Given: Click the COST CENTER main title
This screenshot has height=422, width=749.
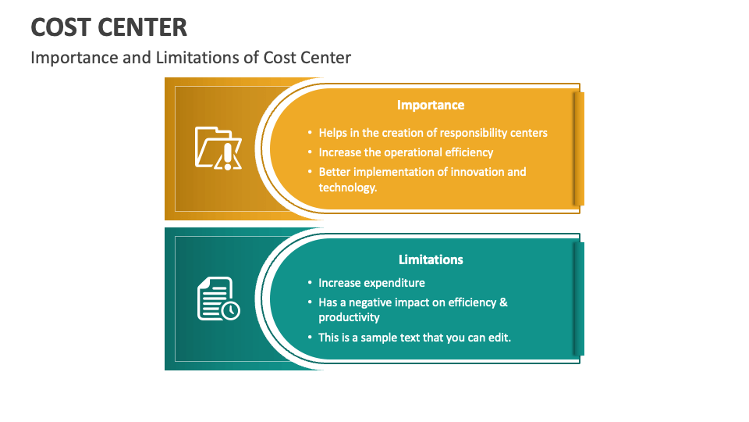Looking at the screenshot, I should click(109, 27).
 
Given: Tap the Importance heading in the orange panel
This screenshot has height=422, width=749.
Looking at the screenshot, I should click(431, 105).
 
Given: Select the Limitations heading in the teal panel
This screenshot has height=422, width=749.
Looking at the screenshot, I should click(431, 259).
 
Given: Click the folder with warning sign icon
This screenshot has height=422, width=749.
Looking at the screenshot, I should click(218, 148).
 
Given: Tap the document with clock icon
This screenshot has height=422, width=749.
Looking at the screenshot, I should click(218, 299).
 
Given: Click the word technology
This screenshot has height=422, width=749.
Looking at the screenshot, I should click(346, 188).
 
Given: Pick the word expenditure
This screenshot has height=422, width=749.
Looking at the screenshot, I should click(394, 283).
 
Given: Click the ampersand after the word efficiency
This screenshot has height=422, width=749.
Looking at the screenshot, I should click(503, 302).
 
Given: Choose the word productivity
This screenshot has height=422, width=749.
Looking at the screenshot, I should click(349, 317).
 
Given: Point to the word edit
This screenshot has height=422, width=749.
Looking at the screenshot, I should click(499, 338).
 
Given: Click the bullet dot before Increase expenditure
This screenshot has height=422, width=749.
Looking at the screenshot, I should click(310, 283).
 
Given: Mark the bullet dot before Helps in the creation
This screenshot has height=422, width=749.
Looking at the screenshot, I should click(310, 133).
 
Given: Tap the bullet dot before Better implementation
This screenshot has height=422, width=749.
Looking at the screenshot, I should click(310, 172).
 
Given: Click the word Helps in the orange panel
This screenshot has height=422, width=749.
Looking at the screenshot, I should click(332, 133).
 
